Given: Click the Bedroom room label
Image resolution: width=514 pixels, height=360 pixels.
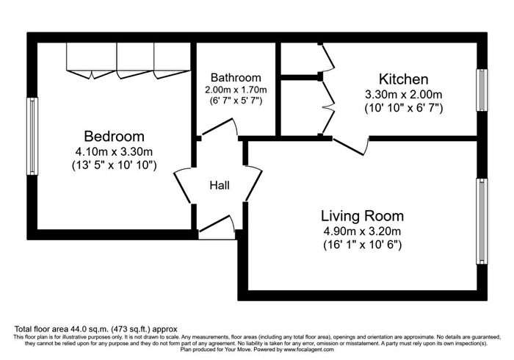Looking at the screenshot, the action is click(x=114, y=136).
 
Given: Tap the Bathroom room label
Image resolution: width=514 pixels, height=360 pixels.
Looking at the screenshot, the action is click(x=236, y=77).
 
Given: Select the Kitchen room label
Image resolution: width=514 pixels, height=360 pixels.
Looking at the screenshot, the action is click(x=404, y=79).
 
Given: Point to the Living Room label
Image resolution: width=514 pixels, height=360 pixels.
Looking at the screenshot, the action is click(x=362, y=216).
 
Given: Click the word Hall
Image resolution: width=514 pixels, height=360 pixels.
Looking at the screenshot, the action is click(x=220, y=186).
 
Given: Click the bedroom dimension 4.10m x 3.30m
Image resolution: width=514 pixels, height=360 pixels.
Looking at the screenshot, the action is click(x=114, y=152).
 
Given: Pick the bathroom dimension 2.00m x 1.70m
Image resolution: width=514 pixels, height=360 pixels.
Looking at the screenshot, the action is click(x=236, y=90).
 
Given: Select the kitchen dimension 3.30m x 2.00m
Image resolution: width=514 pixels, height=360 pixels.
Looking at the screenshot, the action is click(x=404, y=95).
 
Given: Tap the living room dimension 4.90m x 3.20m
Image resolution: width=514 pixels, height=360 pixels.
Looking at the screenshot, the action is click(x=362, y=231).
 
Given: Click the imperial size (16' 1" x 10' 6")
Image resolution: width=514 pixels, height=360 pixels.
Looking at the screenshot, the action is click(x=362, y=245).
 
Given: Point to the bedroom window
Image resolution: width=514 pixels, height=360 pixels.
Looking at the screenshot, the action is click(x=32, y=136).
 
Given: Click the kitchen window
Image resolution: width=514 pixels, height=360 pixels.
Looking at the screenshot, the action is click(x=482, y=90).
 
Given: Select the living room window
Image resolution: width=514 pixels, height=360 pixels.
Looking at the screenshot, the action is click(x=482, y=221).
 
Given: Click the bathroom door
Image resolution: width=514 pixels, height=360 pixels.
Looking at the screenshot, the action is click(x=219, y=126).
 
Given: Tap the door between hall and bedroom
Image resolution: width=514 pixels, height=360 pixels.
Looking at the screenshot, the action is click(x=182, y=186).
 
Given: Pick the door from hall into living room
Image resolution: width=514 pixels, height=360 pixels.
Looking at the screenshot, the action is click(x=254, y=183).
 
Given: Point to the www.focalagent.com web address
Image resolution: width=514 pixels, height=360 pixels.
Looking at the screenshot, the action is click(x=309, y=350).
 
